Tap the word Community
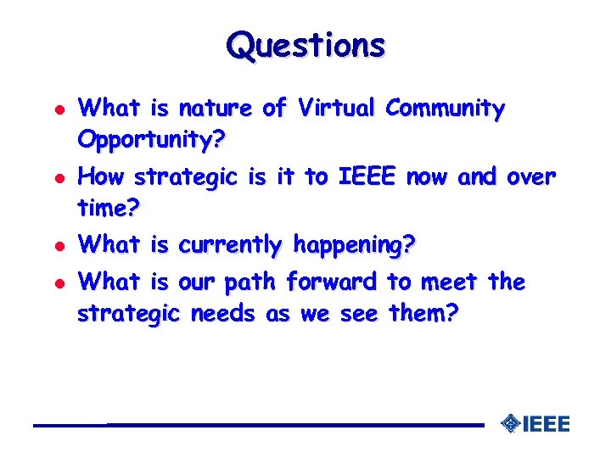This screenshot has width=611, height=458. click(445, 109)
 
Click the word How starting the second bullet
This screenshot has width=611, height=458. click(102, 177)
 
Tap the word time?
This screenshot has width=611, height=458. click(107, 205)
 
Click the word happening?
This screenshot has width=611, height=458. click(354, 245)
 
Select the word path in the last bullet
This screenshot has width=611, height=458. click(254, 281)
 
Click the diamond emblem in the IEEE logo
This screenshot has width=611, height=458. click(510, 422)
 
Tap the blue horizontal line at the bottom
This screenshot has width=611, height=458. click(255, 424)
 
